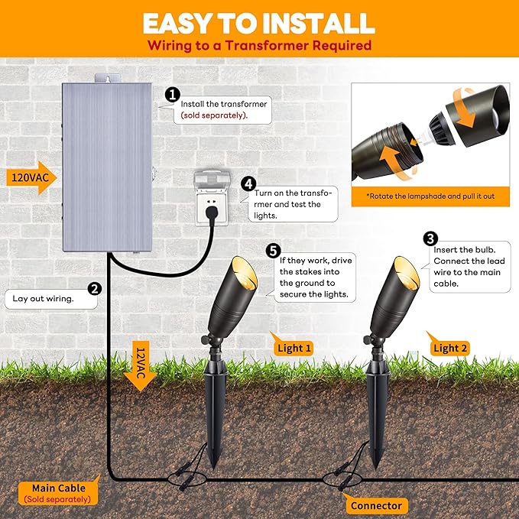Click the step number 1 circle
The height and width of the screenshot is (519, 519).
pyautogui.click(x=173, y=94)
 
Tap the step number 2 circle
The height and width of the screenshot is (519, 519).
pyautogui.click(x=95, y=289)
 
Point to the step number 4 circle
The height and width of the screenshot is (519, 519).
pyautogui.click(x=248, y=184)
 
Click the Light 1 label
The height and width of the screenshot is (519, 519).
pyautogui.click(x=294, y=348)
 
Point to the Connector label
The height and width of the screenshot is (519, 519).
pyautogui.click(x=376, y=505)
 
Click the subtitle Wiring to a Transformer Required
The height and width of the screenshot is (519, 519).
pyautogui.click(x=259, y=45)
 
